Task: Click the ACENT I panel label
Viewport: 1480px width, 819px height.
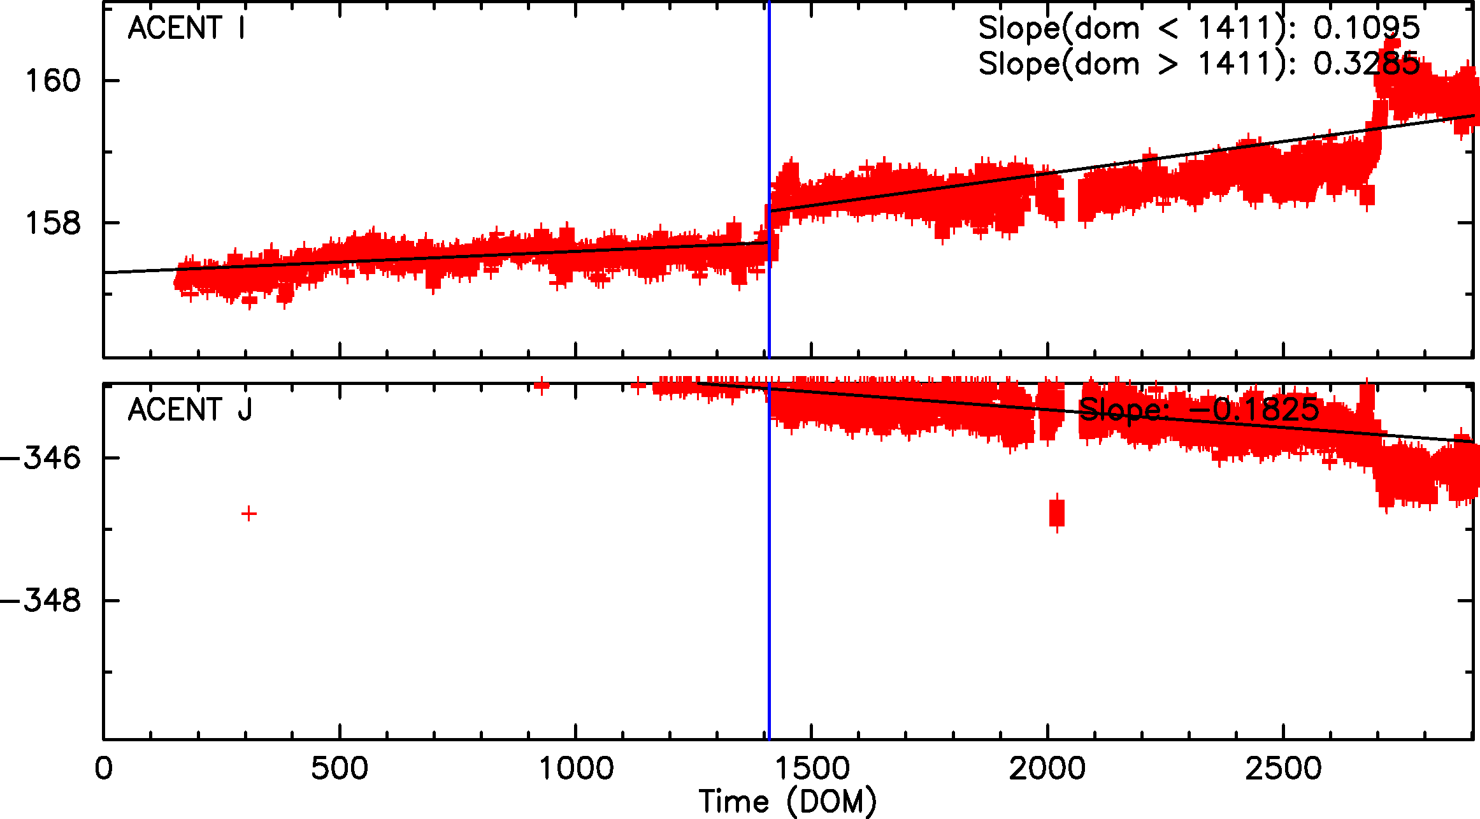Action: tap(186, 28)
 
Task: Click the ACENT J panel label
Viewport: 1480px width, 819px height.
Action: tap(190, 410)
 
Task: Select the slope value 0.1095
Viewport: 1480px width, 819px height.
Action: tap(1367, 28)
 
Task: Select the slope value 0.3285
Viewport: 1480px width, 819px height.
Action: tap(1367, 64)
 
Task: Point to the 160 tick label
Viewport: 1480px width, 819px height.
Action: tap(53, 81)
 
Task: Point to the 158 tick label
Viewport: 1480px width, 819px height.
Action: tap(53, 223)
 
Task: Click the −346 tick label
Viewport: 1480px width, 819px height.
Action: tap(41, 458)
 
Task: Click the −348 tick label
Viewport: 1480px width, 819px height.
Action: tap(41, 600)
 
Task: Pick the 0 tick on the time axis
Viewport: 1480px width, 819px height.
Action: tap(104, 769)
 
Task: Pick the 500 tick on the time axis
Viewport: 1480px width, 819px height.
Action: tap(339, 769)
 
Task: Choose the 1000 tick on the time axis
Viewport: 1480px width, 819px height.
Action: tap(576, 769)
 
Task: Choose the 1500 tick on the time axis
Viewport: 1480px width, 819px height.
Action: tap(812, 769)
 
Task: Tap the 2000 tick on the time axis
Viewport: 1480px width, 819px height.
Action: tap(1047, 769)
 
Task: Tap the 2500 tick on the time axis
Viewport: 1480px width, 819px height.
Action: tap(1283, 769)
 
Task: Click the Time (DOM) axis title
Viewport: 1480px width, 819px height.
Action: tap(787, 802)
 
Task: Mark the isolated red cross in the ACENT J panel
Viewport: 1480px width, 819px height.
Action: tap(249, 514)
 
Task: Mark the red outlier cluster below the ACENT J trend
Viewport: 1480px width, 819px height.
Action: tap(1057, 512)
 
